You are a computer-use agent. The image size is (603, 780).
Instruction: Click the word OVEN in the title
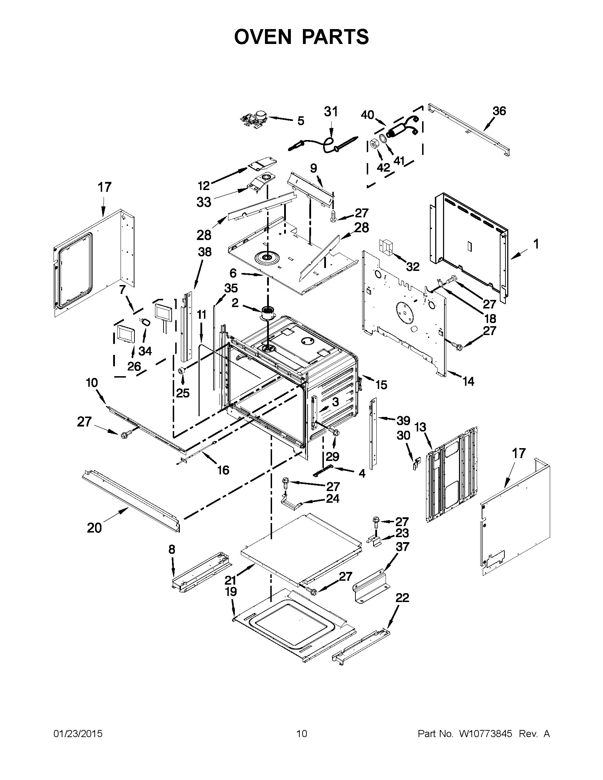coord(263,37)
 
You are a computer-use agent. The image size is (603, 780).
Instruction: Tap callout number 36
coord(499,111)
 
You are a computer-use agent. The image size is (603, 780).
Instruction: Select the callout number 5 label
coord(301,121)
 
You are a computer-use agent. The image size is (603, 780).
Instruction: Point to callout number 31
coord(331,112)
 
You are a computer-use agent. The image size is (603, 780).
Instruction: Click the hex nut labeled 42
coord(374,144)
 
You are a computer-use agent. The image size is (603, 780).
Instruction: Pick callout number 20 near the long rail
coord(94,528)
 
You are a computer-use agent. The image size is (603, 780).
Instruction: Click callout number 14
coord(468,381)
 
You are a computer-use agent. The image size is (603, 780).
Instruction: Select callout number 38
coord(205,252)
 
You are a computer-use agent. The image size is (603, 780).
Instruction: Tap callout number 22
coord(402,597)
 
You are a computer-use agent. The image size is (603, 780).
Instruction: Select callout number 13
coord(420,427)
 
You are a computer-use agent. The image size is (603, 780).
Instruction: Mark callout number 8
coord(172,549)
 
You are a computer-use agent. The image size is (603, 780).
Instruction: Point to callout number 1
coord(536,244)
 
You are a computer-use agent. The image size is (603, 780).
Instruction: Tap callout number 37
coord(403,546)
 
